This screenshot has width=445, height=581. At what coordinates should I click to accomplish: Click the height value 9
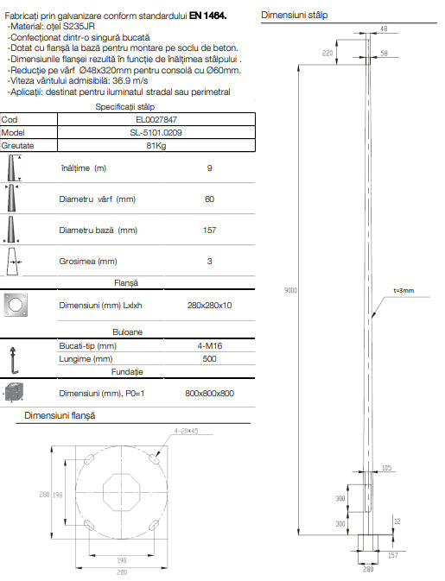[x=209, y=168]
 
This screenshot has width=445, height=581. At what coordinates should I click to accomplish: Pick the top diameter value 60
[x=209, y=199]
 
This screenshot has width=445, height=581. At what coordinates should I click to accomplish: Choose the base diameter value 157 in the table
[x=209, y=231]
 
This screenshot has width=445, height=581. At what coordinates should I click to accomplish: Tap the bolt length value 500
[x=210, y=358]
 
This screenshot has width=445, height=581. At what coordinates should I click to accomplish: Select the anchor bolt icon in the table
[x=14, y=352]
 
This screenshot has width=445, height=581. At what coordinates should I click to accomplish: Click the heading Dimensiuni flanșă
[x=60, y=416]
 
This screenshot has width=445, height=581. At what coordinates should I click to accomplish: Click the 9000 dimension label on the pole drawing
[x=290, y=292]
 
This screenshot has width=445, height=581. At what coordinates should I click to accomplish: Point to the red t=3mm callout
[x=404, y=291]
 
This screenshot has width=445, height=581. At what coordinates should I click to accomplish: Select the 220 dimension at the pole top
[x=328, y=54]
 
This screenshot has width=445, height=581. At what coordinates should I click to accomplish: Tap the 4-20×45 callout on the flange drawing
[x=186, y=430]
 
